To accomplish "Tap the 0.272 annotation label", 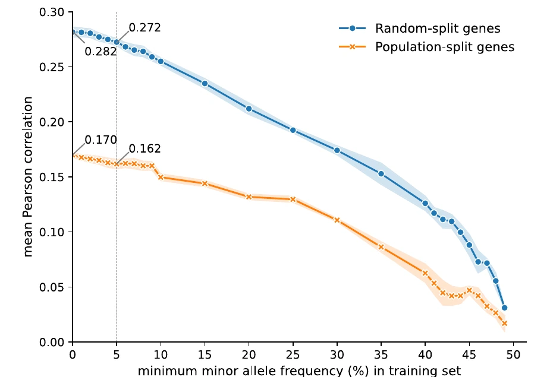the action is pos(145,27).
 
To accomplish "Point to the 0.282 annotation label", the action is pos(100,52).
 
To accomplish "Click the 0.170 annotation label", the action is pos(100,140).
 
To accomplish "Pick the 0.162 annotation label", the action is pos(145,148).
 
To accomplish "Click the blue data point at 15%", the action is pos(205,84).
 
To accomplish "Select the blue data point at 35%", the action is pos(381,174).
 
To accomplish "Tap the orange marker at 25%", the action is pos(293,199).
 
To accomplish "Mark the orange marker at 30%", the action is pos(337,220).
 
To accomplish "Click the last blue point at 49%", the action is pos(504,308).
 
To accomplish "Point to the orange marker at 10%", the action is pos(161,178).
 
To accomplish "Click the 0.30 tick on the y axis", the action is pos(52,12).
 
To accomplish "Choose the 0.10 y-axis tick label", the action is pos(52,232).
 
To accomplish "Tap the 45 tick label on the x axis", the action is pos(469,355).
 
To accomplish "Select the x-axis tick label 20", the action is pos(249,355).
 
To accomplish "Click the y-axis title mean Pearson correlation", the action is pos(27,177).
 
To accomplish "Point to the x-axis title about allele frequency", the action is pos(299,370).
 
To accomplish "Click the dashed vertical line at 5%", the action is pos(117,177).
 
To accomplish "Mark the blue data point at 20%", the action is pos(249,109).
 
